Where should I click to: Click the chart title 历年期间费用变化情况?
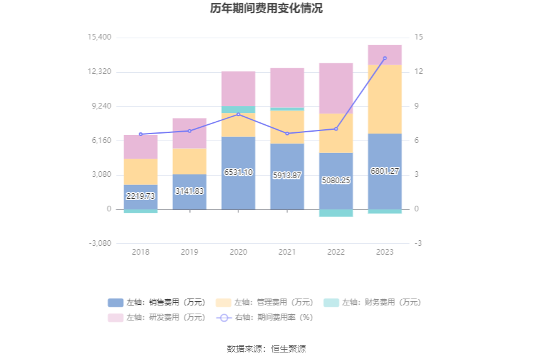(266, 9)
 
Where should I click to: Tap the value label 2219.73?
(140, 196)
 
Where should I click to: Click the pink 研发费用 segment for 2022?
(336, 88)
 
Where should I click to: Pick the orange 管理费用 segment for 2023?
(385, 98)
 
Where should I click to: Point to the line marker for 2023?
(385, 58)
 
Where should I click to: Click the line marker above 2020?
(238, 114)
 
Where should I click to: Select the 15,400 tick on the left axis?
(100, 38)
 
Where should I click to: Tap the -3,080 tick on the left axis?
(100, 243)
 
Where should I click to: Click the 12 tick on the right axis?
(419, 71)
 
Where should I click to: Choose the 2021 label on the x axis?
(287, 252)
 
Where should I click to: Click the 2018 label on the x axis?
(140, 252)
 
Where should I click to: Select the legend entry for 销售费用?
(157, 302)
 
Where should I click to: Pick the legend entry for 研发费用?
(157, 317)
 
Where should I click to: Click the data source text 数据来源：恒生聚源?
(266, 349)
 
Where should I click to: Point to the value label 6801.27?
(385, 171)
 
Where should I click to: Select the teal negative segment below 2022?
(336, 213)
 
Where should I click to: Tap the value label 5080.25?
(336, 181)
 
